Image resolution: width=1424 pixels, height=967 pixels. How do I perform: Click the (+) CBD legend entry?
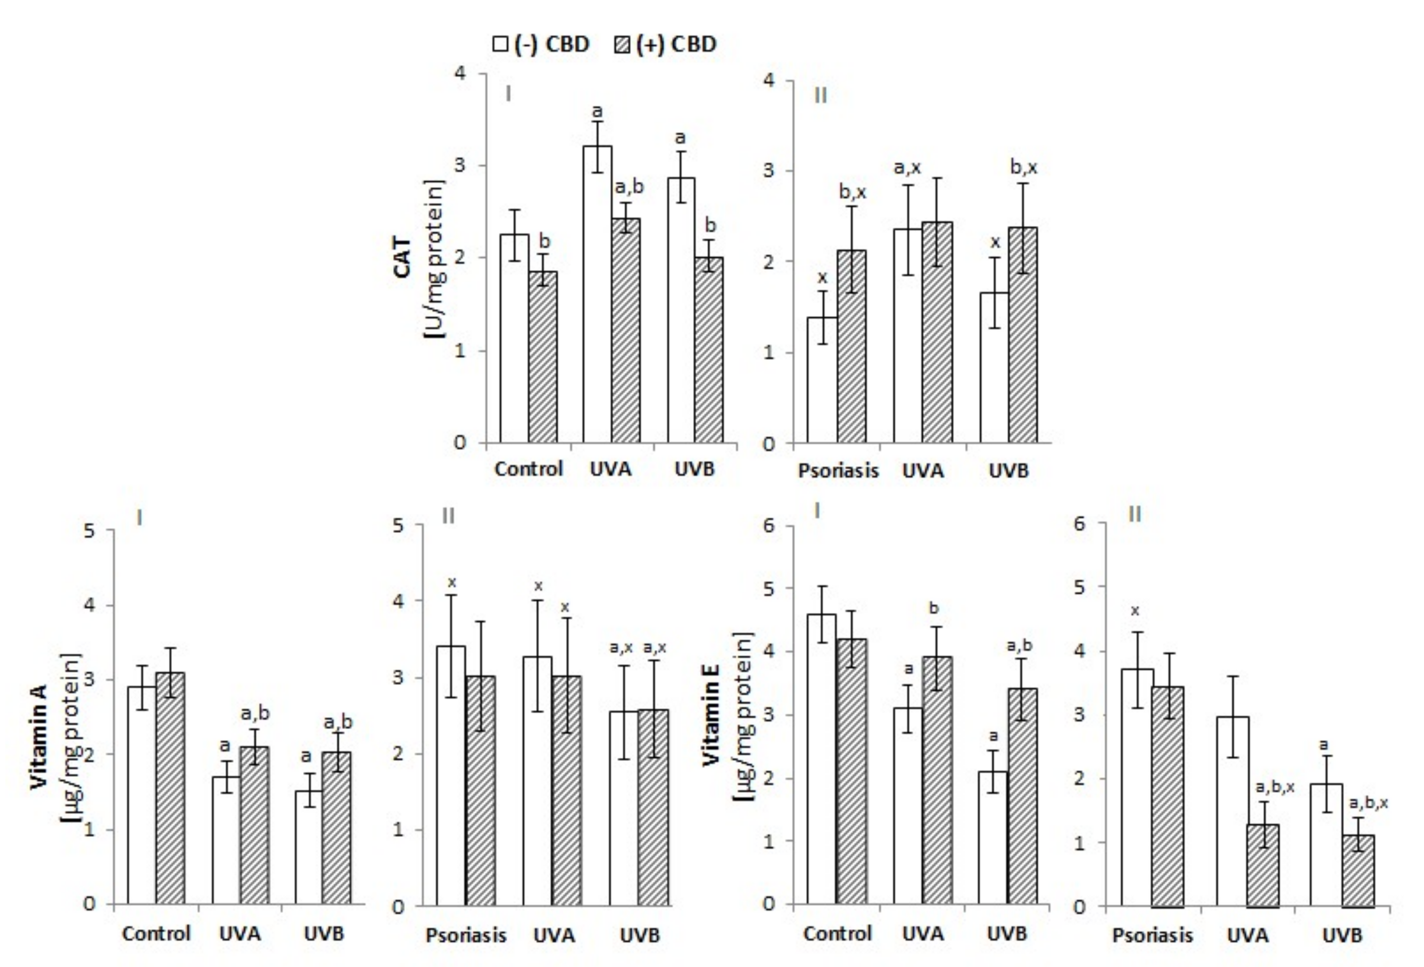tap(664, 44)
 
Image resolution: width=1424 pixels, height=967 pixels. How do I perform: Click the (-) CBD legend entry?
tap(541, 44)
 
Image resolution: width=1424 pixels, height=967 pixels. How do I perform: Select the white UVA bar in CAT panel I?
tap(596, 294)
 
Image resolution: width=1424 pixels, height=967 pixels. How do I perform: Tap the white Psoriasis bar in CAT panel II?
tap(822, 379)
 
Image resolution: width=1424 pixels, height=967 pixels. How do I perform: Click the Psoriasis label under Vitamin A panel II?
tap(466, 936)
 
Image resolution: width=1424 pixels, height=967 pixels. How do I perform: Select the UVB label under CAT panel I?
tap(694, 470)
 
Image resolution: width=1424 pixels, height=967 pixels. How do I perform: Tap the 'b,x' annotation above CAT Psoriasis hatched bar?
tap(852, 192)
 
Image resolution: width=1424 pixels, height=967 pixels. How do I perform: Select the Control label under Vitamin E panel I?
tap(837, 933)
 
